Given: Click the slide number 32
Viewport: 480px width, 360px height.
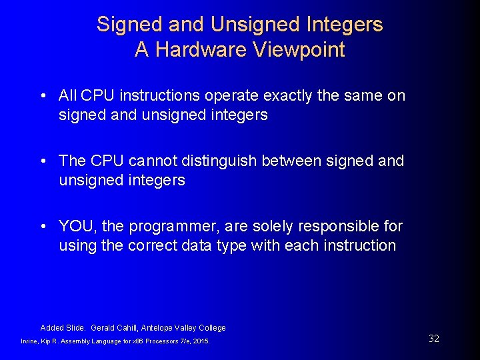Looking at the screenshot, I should click(434, 339).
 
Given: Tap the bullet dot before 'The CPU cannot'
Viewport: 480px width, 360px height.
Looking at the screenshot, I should click(43, 161).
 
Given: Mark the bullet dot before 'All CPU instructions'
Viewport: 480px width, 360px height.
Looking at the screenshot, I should click(43, 96).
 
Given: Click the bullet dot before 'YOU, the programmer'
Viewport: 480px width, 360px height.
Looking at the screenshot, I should click(43, 227).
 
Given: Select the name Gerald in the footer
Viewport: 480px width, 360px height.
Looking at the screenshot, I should click(103, 328).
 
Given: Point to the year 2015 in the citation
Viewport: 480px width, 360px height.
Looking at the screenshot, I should click(200, 341).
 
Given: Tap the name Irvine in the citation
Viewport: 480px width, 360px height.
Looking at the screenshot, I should click(31, 341).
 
